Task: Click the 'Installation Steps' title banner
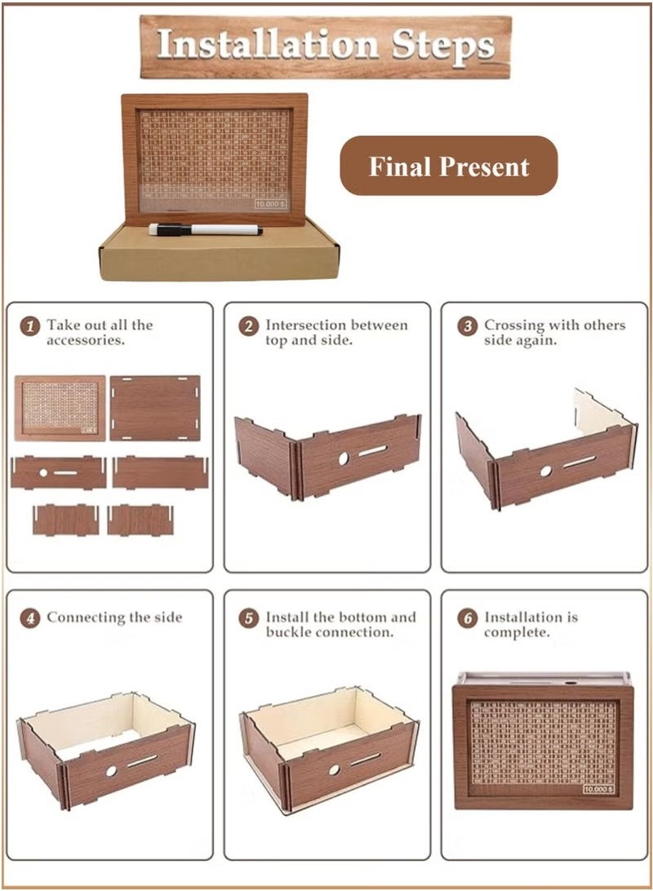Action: (326, 46)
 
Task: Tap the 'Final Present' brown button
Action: (448, 166)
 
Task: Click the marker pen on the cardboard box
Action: (205, 229)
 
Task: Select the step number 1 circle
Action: (29, 326)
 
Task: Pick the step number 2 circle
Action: (248, 326)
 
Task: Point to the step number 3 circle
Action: (467, 326)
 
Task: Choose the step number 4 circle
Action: (29, 618)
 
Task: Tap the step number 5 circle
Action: (248, 618)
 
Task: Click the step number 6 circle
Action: (467, 618)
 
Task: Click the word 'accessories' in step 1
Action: (86, 340)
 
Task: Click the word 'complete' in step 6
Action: (518, 632)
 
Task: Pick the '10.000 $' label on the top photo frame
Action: (270, 205)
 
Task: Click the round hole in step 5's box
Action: (333, 769)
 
